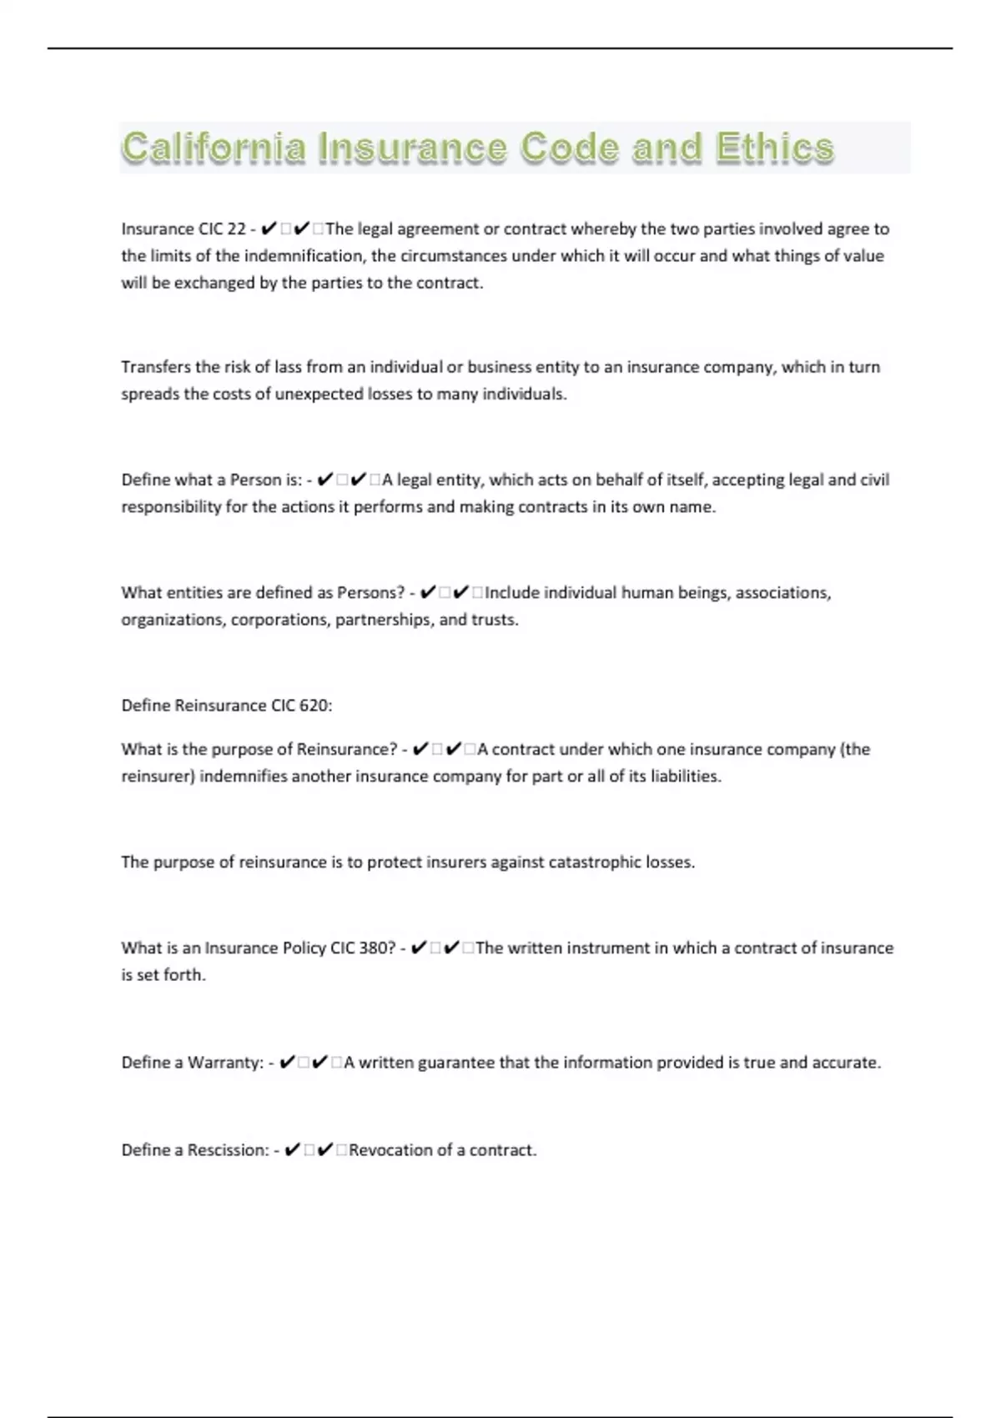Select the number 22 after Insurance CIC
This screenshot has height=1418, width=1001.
coord(236,229)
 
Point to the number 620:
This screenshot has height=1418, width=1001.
coord(315,706)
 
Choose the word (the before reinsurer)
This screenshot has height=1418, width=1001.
coord(855,749)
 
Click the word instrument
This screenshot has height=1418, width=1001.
coord(608,948)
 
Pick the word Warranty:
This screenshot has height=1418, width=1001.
coord(225,1063)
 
